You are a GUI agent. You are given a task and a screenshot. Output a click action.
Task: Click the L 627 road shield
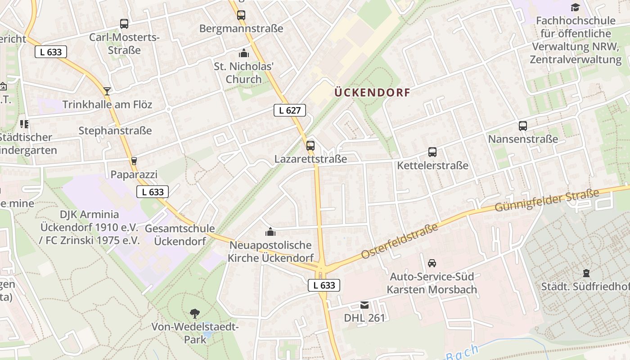click(x=290, y=110)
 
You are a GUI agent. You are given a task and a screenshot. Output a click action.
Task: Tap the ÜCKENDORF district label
click(x=372, y=93)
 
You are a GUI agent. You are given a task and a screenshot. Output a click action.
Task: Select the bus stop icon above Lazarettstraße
click(x=310, y=145)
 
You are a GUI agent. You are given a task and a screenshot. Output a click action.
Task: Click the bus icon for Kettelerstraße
click(x=432, y=152)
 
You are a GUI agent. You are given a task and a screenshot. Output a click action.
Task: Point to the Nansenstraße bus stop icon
click(x=523, y=126)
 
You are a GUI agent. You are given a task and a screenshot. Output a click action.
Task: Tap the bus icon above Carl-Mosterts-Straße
click(x=124, y=24)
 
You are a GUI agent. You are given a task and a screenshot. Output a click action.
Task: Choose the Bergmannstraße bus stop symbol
click(x=241, y=15)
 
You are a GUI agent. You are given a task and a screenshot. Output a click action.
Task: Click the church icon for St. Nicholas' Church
click(x=244, y=53)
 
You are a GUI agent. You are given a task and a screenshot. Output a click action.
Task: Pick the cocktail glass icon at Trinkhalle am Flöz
click(x=107, y=91)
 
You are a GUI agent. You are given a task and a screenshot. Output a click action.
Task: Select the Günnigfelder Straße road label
click(x=547, y=200)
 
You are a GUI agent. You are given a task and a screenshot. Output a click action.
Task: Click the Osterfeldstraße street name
click(x=400, y=242)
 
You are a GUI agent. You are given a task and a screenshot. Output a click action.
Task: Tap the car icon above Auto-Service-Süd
click(x=432, y=263)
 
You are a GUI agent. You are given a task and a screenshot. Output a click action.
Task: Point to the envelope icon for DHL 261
click(x=364, y=305)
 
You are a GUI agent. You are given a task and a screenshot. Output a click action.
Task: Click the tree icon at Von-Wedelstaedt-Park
click(x=195, y=313)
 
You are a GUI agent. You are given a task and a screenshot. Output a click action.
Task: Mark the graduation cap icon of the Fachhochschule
click(x=575, y=7)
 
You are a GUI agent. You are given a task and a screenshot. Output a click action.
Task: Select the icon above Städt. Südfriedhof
click(x=586, y=273)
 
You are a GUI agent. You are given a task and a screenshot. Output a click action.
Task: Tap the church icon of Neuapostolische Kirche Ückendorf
click(x=270, y=232)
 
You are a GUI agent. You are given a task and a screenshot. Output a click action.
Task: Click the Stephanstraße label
click(x=115, y=131)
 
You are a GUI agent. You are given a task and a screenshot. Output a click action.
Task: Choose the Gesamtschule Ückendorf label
click(x=180, y=235)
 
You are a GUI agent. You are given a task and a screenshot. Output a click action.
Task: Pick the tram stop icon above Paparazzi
click(x=134, y=161)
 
